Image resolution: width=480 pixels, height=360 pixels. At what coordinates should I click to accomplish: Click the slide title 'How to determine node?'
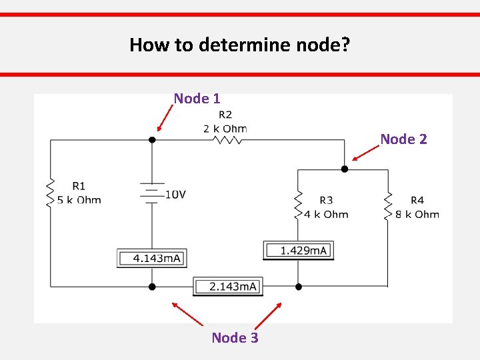pos(240,45)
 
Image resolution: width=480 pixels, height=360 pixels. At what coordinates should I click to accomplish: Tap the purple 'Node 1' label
pos(197,99)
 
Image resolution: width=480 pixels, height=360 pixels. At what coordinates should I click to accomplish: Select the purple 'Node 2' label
pos(403,139)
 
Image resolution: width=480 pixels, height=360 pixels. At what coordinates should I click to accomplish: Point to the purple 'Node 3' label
pos(235,338)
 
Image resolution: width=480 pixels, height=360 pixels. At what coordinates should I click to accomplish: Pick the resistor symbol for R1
pos(50,193)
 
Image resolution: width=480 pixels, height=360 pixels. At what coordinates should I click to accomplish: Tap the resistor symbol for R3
pos(298,205)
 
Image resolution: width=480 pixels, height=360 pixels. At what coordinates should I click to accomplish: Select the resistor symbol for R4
pos(387,205)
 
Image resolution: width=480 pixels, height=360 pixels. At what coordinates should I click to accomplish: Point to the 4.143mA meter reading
pos(152,258)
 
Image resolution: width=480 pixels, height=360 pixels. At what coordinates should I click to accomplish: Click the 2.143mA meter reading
pos(228,287)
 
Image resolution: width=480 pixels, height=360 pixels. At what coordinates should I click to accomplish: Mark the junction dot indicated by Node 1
pos(152,140)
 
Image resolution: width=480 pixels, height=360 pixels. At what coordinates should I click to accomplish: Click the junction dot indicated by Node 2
pos(345,169)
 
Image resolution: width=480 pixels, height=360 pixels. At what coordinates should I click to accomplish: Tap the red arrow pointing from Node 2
pos(366,154)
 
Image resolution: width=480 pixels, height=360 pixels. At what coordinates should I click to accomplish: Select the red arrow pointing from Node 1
pos(166,118)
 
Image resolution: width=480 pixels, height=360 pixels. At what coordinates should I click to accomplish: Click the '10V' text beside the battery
pos(175,195)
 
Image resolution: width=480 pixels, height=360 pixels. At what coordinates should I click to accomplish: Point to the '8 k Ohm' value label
pos(417,214)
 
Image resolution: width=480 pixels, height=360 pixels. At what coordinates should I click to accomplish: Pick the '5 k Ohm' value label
pos(79,199)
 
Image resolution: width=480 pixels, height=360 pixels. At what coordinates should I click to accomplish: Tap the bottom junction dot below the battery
pos(152,287)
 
